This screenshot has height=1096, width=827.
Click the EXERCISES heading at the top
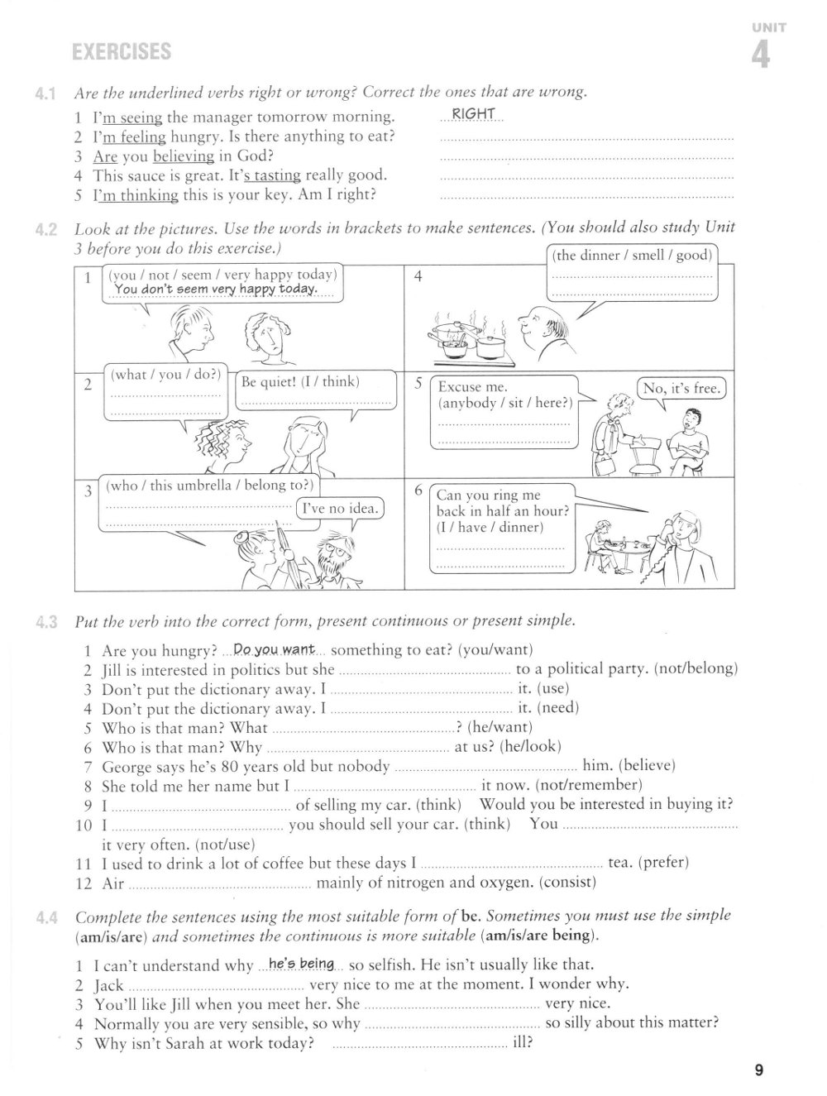(122, 52)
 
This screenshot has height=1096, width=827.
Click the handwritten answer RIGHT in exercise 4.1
(474, 114)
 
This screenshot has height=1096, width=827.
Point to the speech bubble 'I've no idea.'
(339, 509)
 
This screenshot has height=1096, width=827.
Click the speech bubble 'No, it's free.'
(682, 388)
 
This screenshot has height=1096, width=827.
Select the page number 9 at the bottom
(758, 1071)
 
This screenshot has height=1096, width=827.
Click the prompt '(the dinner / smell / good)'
(633, 255)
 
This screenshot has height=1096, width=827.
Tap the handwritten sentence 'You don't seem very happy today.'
(216, 289)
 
